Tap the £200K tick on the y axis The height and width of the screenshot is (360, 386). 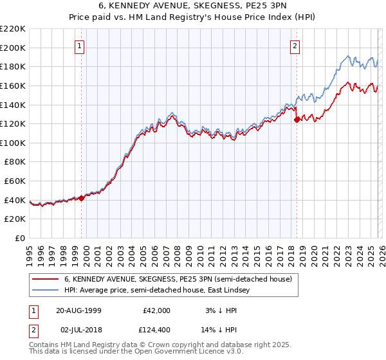click(x=13, y=48)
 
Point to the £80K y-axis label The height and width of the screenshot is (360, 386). click(x=15, y=162)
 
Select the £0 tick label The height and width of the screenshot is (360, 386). click(x=20, y=239)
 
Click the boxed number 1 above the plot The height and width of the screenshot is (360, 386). click(x=80, y=46)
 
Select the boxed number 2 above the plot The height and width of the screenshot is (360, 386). click(x=295, y=46)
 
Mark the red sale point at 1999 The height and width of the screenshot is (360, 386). click(x=82, y=198)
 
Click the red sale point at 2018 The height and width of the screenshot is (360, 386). click(x=297, y=119)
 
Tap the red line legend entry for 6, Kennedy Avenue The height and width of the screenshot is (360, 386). click(x=178, y=280)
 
